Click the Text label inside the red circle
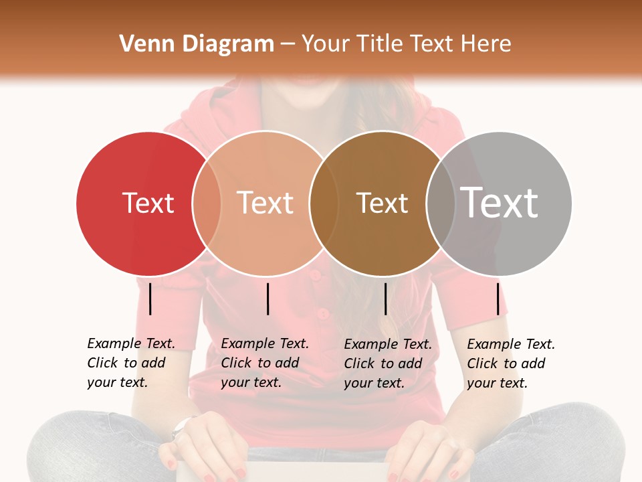click(x=148, y=203)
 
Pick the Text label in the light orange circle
click(x=265, y=203)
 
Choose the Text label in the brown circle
click(x=382, y=203)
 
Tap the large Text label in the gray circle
click(x=499, y=203)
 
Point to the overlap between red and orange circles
click(x=207, y=203)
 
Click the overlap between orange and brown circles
click(x=324, y=203)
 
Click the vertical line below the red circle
click(x=150, y=299)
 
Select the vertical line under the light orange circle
click(x=267, y=299)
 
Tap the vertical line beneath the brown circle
click(x=385, y=299)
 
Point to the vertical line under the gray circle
click(x=498, y=299)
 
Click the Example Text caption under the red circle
click(x=130, y=363)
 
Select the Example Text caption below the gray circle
click(x=510, y=364)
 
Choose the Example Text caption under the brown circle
click(x=387, y=364)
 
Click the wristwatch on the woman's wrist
click(x=181, y=426)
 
